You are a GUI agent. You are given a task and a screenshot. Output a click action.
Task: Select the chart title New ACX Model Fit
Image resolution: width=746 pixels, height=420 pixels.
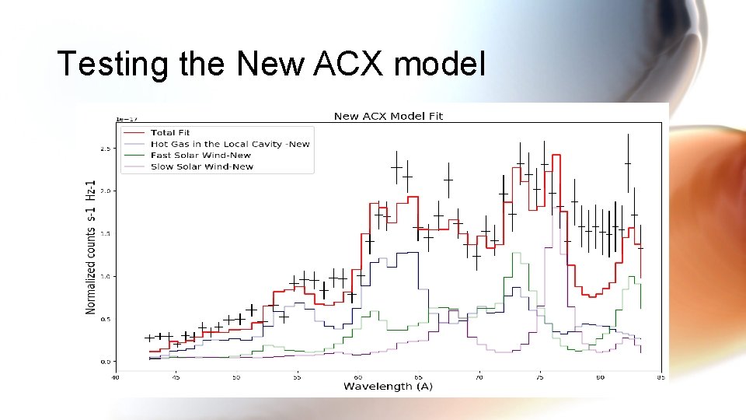click(388, 116)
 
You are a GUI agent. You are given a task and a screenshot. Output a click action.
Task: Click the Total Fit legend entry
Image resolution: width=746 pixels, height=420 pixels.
click(170, 133)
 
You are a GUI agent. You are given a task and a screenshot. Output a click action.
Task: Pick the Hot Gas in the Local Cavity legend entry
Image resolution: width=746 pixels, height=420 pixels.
click(229, 144)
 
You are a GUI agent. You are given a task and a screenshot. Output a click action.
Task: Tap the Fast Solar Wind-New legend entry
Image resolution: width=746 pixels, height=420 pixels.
click(201, 155)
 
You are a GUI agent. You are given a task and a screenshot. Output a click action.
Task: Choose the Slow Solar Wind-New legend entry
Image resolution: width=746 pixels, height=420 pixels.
click(201, 166)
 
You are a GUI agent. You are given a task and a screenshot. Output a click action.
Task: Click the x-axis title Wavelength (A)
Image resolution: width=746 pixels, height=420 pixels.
click(389, 386)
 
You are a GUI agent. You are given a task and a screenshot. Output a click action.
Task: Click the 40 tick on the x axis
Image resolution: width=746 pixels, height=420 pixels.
click(115, 377)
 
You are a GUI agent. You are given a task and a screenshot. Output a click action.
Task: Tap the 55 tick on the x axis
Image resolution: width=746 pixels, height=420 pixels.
click(297, 377)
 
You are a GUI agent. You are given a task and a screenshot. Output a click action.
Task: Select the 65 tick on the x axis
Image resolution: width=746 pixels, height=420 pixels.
click(418, 377)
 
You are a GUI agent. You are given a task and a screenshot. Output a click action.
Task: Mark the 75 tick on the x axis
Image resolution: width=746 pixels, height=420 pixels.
click(540, 377)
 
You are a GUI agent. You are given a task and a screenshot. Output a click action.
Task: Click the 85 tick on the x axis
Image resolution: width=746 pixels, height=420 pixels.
click(661, 377)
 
